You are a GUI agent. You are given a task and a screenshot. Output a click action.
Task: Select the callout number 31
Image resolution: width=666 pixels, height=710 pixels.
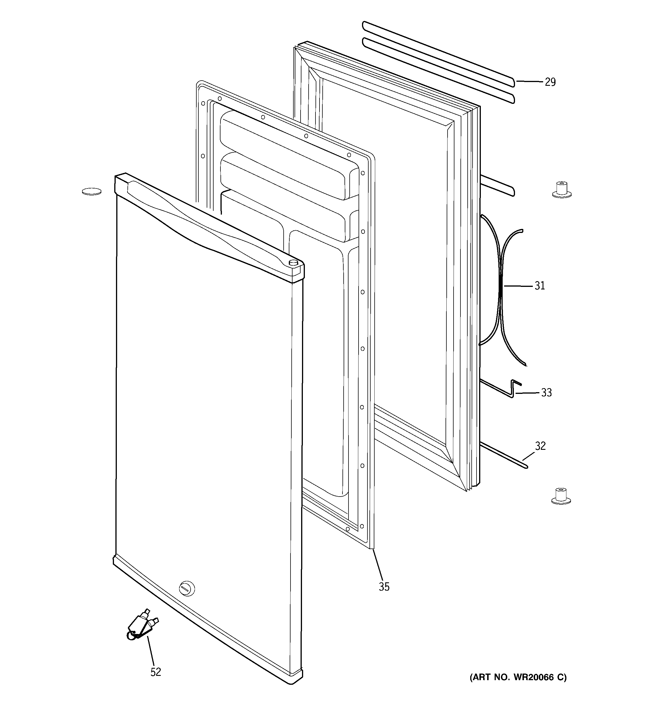click(539, 286)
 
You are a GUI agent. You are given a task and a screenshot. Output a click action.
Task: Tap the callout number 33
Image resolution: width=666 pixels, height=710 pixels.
click(546, 392)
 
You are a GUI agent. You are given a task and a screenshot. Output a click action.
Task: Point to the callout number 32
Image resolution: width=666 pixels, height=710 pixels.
click(540, 446)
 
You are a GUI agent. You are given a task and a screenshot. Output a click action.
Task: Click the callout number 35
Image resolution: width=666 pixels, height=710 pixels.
click(384, 587)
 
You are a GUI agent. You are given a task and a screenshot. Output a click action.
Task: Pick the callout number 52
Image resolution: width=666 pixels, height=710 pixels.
click(156, 672)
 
